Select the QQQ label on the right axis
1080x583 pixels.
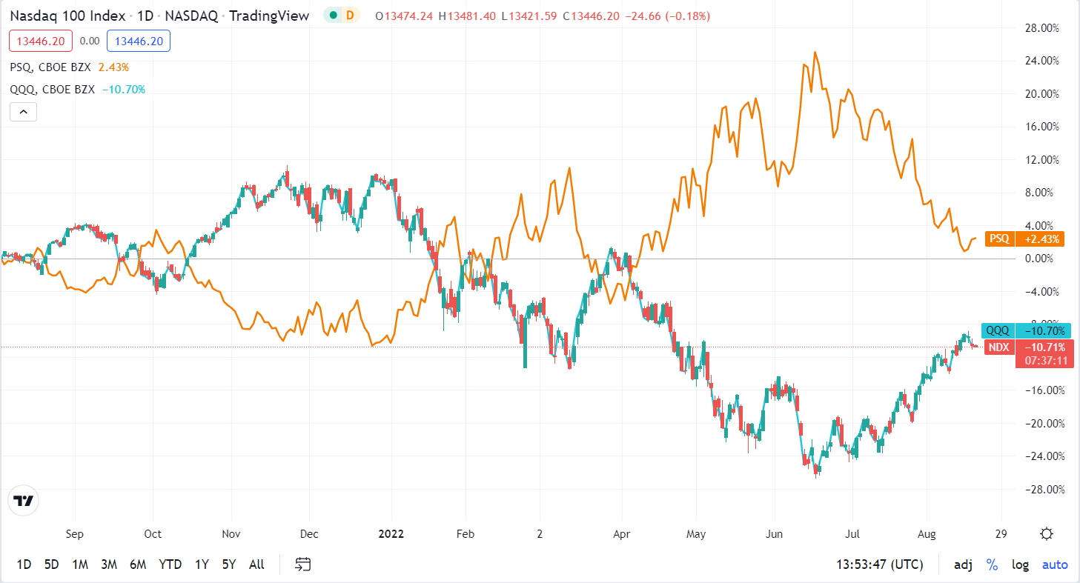pyautogui.click(x=997, y=331)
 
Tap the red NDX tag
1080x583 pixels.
pyautogui.click(x=999, y=347)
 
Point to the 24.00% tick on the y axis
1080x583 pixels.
pyautogui.click(x=1040, y=61)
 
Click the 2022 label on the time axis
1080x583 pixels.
pyautogui.click(x=391, y=534)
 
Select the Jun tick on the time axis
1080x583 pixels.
pyautogui.click(x=774, y=534)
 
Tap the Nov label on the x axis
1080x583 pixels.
pyautogui.click(x=231, y=534)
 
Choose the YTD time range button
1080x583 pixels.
pyautogui.click(x=170, y=564)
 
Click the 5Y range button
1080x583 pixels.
pyautogui.click(x=228, y=564)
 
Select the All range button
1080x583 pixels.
pyautogui.click(x=256, y=564)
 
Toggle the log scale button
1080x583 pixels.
pyautogui.click(x=1021, y=564)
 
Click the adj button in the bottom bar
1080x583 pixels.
pyautogui.click(x=963, y=564)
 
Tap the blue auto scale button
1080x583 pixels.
pyautogui.click(x=1055, y=564)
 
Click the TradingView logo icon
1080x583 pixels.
pyautogui.click(x=24, y=501)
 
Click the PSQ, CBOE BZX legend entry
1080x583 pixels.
pyautogui.click(x=50, y=67)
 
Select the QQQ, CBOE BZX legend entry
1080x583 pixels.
pyautogui.click(x=53, y=90)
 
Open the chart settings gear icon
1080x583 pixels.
pyautogui.click(x=1047, y=534)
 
